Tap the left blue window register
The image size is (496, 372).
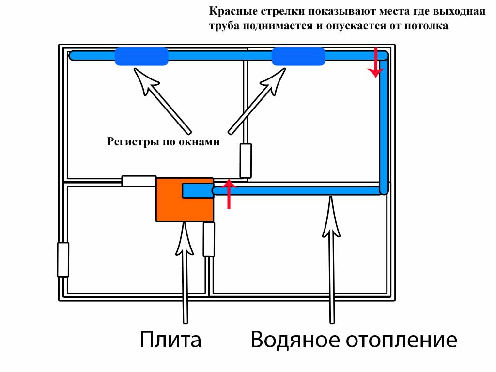(x=141, y=57)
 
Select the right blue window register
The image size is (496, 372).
(x=298, y=57)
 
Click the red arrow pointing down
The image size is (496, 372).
(x=375, y=63)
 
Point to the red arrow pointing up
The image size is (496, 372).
(x=229, y=194)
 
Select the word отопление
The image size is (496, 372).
(x=402, y=340)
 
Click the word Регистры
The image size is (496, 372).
(x=127, y=142)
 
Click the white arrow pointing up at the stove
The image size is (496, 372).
(x=185, y=271)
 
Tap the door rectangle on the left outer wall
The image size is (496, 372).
(x=63, y=260)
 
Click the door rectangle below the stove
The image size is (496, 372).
(x=209, y=239)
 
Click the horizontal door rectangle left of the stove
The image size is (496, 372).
(x=139, y=181)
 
